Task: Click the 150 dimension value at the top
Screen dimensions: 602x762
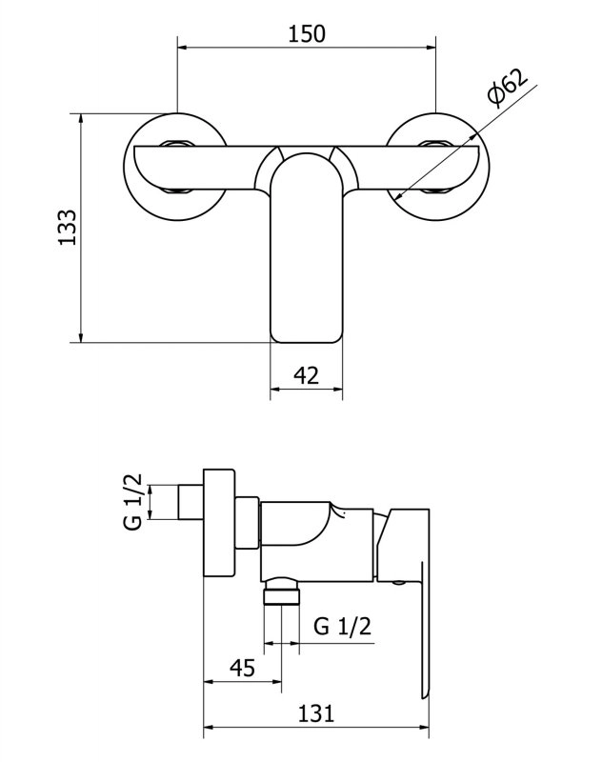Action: coord(307,34)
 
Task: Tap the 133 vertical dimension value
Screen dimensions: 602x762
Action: coord(68,228)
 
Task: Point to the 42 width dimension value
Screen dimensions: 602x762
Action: coord(307,375)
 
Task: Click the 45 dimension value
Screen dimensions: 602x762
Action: coord(243,668)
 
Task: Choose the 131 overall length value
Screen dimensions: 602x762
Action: coord(316,713)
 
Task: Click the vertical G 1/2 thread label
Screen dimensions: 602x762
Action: coord(133,502)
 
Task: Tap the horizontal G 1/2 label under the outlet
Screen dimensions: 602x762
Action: coord(342,626)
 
